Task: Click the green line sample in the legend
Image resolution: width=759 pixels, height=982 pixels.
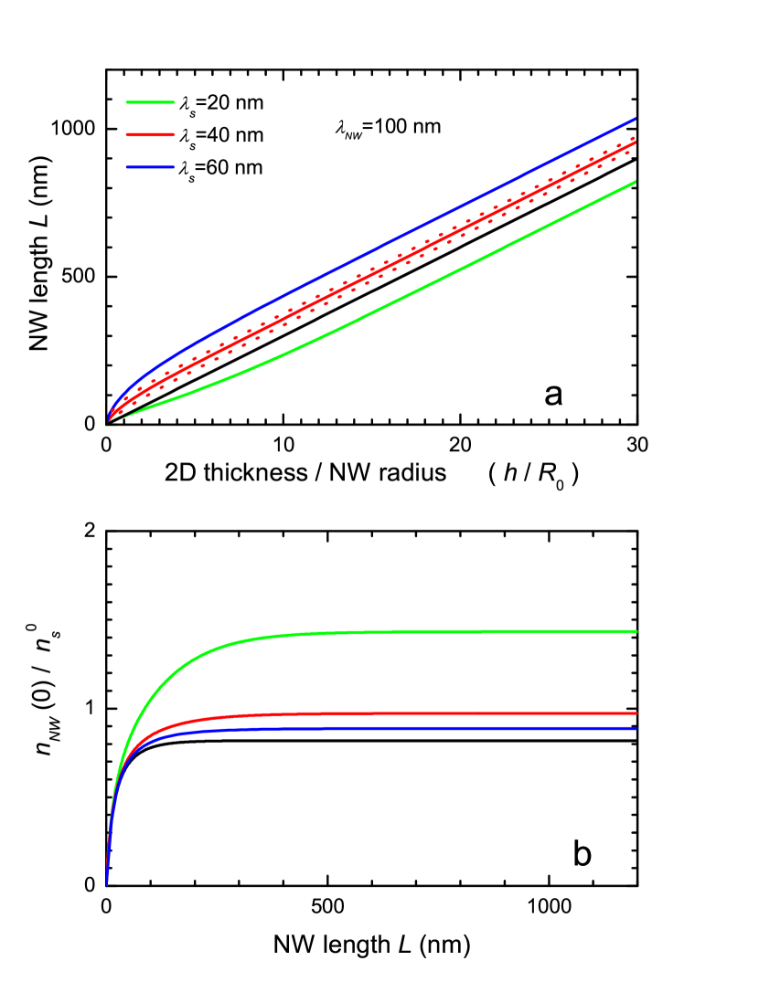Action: [150, 102]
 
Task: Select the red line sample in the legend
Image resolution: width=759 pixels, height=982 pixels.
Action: [150, 134]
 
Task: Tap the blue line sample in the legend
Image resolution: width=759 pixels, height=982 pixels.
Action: [150, 167]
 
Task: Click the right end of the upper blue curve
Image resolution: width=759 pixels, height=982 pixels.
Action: [635, 120]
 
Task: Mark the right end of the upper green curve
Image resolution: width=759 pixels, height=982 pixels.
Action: [635, 183]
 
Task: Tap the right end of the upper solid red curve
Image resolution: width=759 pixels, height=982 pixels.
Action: [635, 143]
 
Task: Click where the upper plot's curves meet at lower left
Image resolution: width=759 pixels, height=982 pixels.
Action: [109, 419]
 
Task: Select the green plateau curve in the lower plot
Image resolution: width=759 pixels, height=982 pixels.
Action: [412, 631]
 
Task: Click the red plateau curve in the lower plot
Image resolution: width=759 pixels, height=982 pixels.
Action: [412, 713]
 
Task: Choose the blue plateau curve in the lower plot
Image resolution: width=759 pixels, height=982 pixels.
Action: [412, 728]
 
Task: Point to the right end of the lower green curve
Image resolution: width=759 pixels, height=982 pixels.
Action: [636, 631]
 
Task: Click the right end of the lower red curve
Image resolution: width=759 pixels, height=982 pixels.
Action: [636, 713]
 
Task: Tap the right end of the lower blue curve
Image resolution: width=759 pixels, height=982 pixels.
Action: [636, 728]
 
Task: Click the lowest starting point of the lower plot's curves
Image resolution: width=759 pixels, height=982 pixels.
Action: [107, 883]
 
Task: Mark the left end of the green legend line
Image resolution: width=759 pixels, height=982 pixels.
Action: [127, 102]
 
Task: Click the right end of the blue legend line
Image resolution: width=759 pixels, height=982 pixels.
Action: [173, 167]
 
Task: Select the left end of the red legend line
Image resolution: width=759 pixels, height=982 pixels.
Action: [127, 134]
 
